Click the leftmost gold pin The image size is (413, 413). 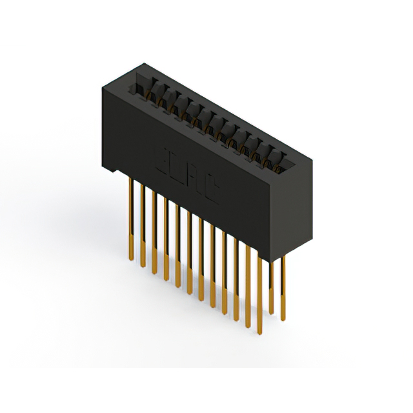tap(131, 219)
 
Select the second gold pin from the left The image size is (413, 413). tap(143, 226)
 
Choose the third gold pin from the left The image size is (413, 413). tap(154, 232)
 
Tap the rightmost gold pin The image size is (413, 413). tap(282, 284)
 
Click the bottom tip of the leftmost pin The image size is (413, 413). tap(131, 260)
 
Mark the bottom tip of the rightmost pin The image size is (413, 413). tap(282, 315)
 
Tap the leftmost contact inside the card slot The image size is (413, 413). tap(152, 91)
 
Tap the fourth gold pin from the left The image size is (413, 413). tap(166, 239)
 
